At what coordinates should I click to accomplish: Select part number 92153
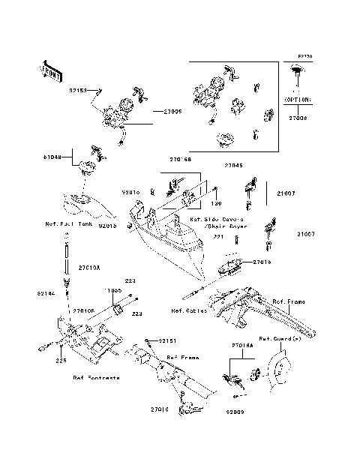79,90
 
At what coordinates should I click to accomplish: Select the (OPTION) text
298,98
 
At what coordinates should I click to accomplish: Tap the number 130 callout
216,203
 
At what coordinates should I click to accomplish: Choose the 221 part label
219,237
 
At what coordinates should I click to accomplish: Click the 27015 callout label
261,261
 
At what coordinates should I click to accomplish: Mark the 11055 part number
112,289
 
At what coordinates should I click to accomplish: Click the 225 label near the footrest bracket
60,361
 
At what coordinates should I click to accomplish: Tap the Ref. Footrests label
96,378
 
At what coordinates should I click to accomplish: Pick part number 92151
155,340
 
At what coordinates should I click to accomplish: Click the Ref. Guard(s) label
280,337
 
